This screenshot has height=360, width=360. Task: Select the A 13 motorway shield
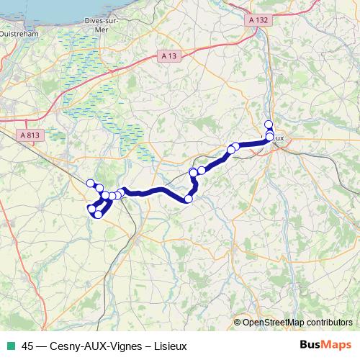pos(168,56)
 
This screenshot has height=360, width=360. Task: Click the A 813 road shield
pos(30,135)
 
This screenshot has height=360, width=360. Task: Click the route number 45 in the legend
pos(28,346)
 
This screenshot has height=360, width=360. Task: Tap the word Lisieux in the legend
pos(170,346)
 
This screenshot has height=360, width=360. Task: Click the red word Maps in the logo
pos(335,346)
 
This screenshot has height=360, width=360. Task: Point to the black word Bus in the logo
pos(310,346)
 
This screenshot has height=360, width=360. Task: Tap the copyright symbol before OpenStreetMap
pos(238,323)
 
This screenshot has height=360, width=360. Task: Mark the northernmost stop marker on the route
pos(269,125)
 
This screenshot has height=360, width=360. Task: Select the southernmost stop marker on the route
pos(98,215)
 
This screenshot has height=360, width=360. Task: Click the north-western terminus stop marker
pos(90,183)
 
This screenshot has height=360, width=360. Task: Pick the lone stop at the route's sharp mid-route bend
pos(189,199)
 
